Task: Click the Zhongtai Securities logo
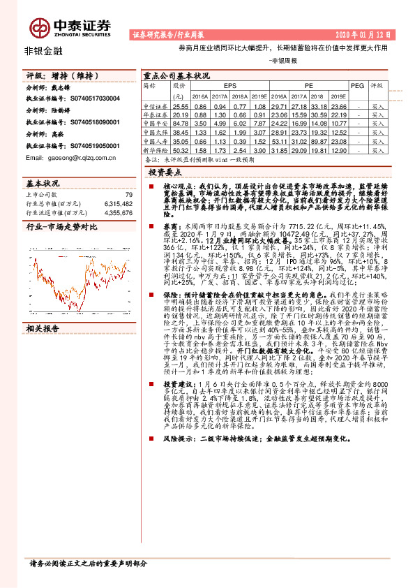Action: click(70, 27)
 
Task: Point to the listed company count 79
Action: click(128, 195)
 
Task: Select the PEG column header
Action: click(357, 86)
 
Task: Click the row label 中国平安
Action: click(156, 122)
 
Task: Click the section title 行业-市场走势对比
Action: click(61, 228)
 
